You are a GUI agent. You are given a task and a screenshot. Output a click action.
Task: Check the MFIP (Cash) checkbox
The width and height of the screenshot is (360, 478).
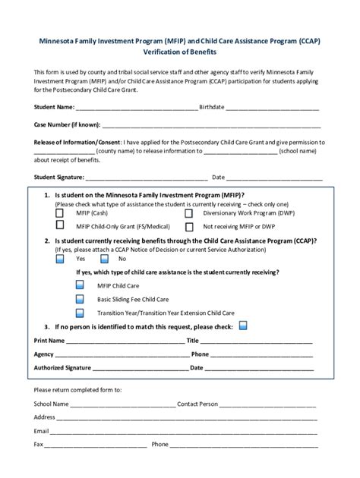point(60,214)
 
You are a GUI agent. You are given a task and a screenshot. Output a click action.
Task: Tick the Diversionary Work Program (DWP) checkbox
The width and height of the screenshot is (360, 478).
point(188,214)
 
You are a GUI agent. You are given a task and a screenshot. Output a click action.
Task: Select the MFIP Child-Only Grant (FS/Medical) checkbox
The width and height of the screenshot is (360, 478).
point(60,226)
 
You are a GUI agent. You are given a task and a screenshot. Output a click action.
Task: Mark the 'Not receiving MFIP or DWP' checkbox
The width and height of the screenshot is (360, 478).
point(188,226)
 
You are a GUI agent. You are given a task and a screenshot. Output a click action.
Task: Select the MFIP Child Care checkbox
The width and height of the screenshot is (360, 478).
point(81,286)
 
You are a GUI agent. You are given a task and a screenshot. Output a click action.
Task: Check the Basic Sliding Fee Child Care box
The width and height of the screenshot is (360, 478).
point(81,300)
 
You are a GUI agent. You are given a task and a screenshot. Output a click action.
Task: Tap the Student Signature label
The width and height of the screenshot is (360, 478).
point(59,178)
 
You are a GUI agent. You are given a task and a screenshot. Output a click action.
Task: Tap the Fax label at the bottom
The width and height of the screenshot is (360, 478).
point(39,445)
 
